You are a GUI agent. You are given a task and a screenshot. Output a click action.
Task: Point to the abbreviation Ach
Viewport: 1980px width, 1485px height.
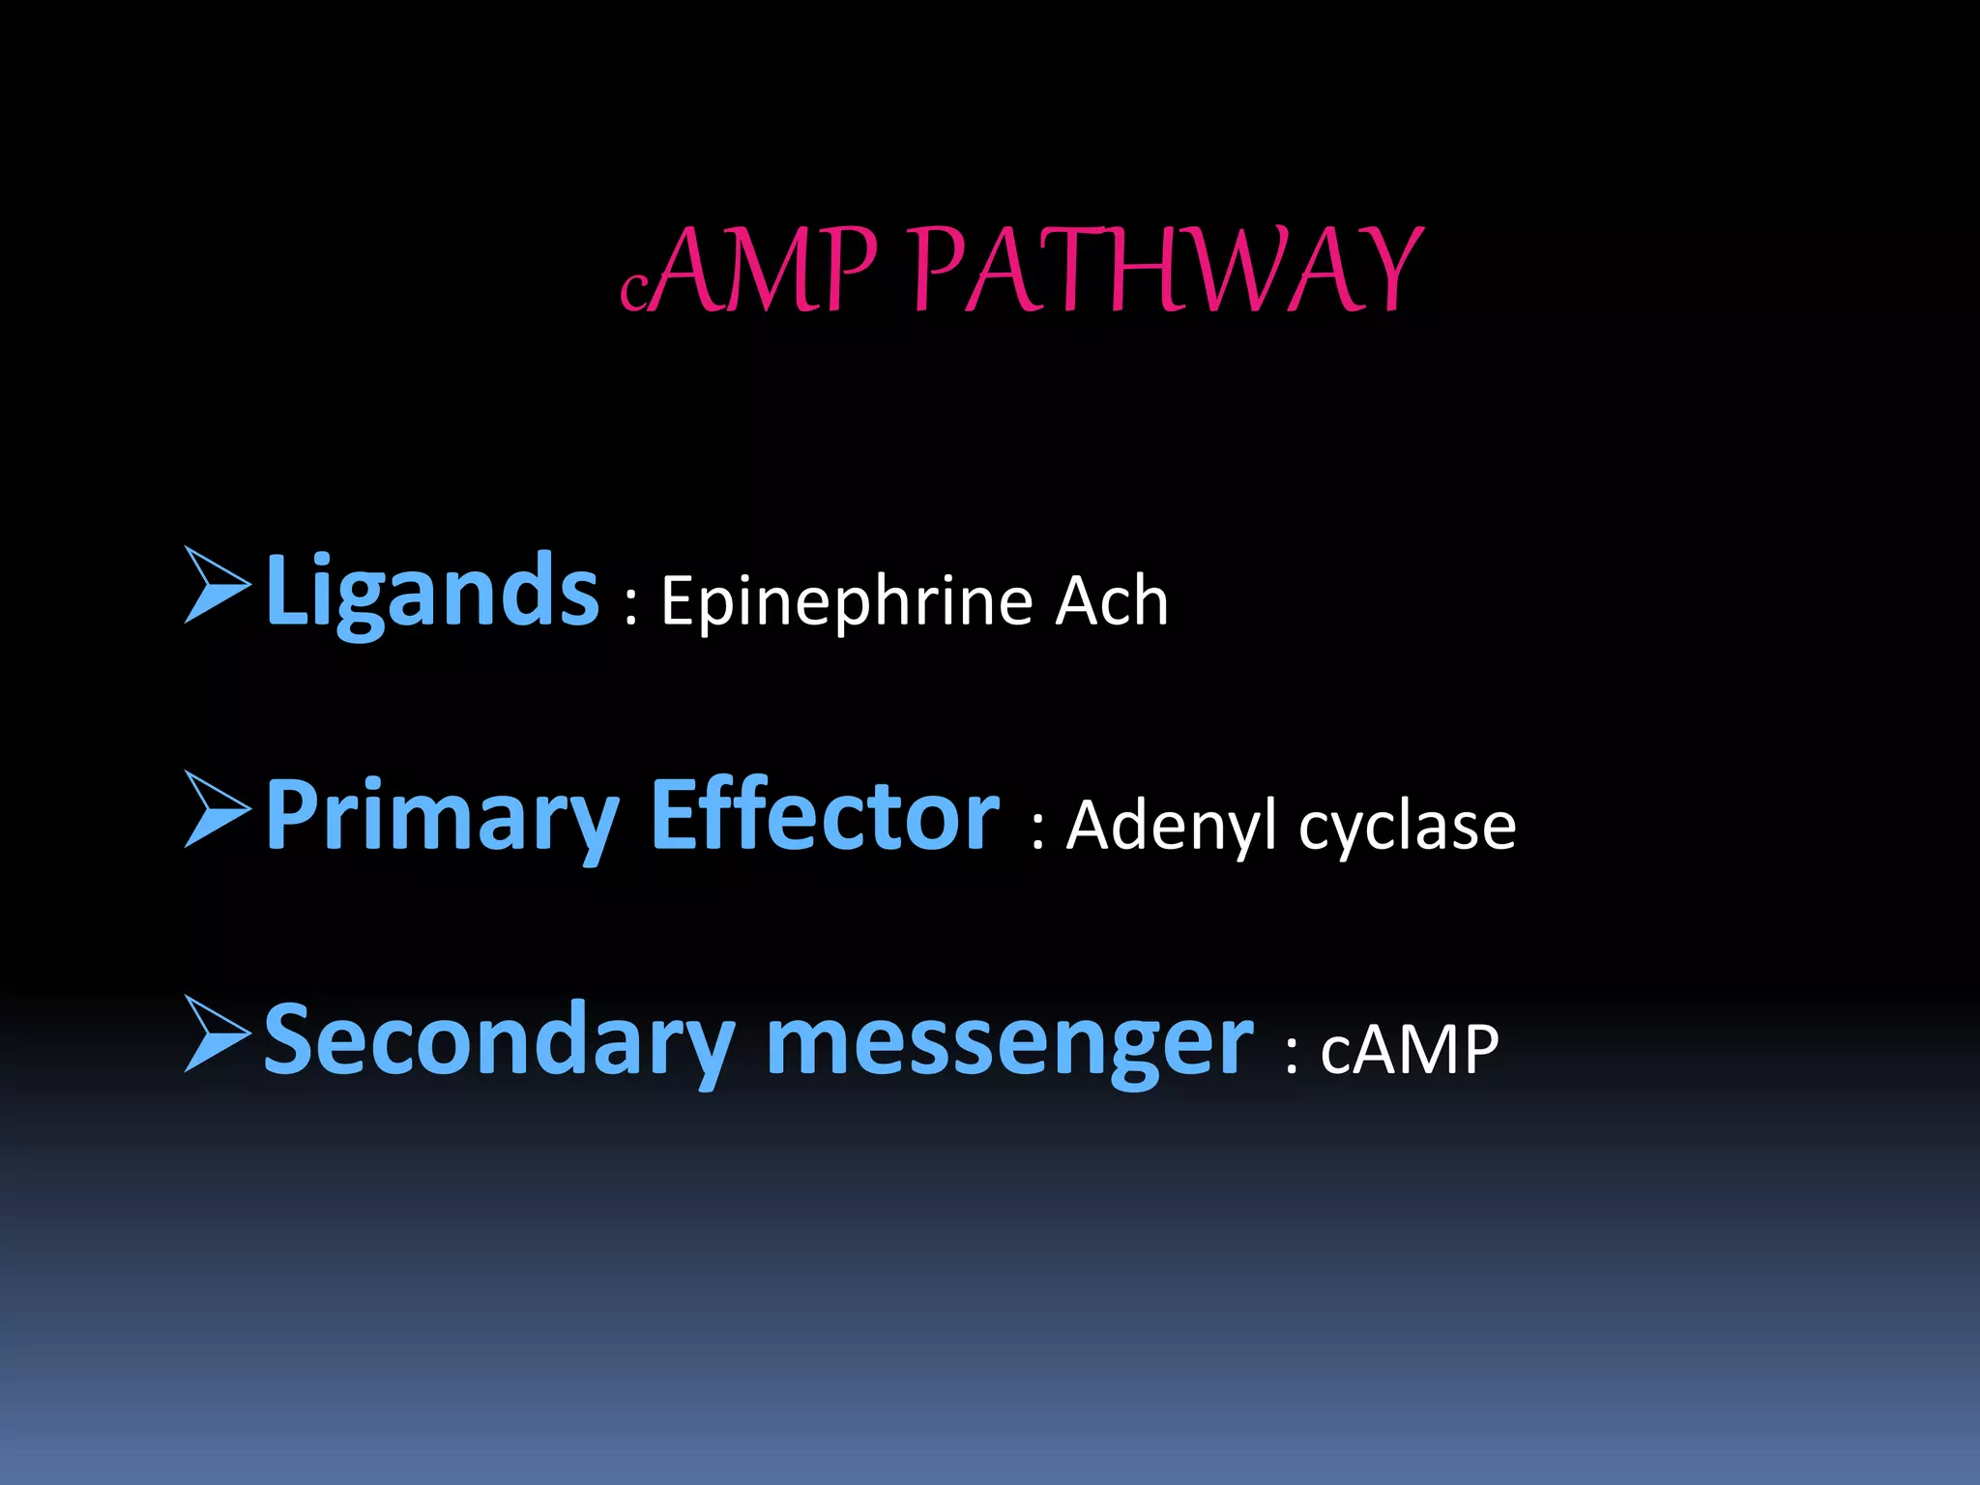(x=1111, y=601)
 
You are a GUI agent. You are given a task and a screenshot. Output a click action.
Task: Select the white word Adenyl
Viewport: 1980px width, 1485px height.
(x=1170, y=828)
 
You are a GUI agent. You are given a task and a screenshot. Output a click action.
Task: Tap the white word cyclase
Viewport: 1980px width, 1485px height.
(x=1407, y=828)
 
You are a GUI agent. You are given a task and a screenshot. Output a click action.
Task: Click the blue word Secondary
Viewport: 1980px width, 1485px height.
(x=499, y=1040)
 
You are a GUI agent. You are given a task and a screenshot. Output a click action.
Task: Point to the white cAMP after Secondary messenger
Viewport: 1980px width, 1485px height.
(x=1410, y=1050)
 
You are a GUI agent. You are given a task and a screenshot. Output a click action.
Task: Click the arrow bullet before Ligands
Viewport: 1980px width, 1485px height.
(x=217, y=584)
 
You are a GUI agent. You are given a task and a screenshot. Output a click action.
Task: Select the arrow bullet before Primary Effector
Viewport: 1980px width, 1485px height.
(x=217, y=809)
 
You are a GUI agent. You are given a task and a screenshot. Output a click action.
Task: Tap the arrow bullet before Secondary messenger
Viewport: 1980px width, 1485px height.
(x=217, y=1034)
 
